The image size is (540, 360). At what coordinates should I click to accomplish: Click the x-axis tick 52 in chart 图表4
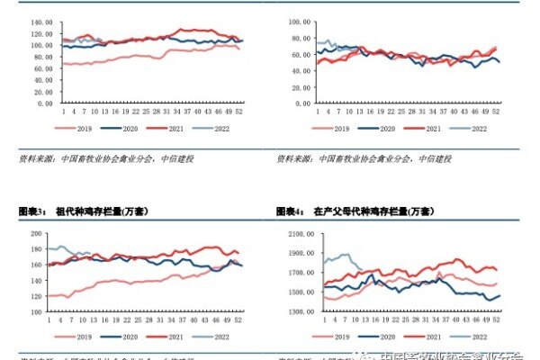(497, 319)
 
